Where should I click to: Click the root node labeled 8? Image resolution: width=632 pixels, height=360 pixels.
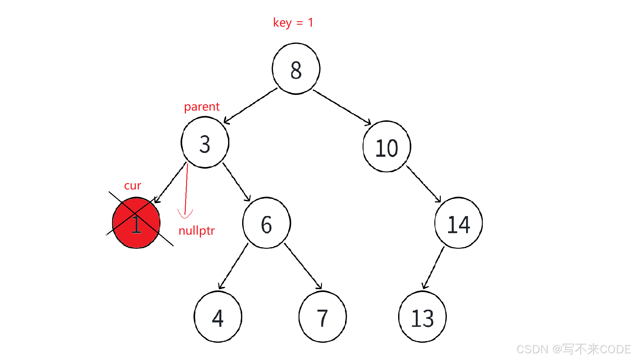pyautogui.click(x=296, y=69)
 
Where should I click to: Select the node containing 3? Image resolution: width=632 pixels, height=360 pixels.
pyautogui.click(x=205, y=143)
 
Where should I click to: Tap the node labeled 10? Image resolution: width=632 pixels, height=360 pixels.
pyautogui.click(x=387, y=147)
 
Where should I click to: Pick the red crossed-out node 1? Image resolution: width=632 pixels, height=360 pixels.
pyautogui.click(x=136, y=223)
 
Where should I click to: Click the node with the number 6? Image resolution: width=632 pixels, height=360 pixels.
pyautogui.click(x=267, y=223)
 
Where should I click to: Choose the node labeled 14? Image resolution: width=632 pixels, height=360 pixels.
pyautogui.click(x=459, y=223)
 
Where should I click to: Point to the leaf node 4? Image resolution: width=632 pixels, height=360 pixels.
pyautogui.click(x=218, y=317)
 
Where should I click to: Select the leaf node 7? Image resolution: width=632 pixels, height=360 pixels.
pyautogui.click(x=323, y=317)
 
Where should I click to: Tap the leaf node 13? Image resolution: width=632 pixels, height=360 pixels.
pyautogui.click(x=423, y=317)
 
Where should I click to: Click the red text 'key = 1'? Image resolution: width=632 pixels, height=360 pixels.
pyautogui.click(x=293, y=23)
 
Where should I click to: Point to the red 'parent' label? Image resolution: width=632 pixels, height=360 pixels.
pyautogui.click(x=202, y=107)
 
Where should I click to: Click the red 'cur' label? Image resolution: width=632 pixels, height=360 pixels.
pyautogui.click(x=132, y=186)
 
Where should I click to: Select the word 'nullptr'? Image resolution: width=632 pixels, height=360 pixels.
pyautogui.click(x=196, y=230)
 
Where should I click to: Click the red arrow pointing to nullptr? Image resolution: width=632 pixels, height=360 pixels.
pyautogui.click(x=186, y=189)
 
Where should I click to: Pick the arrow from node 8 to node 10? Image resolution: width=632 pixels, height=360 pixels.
pyautogui.click(x=342, y=107)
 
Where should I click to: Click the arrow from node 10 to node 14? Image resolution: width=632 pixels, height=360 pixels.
pyautogui.click(x=423, y=184)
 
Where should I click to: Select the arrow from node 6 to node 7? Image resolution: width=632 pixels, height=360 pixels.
pyautogui.click(x=303, y=266)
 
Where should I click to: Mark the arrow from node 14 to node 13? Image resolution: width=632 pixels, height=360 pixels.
pyautogui.click(x=433, y=268)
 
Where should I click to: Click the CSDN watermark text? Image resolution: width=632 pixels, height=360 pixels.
pyautogui.click(x=573, y=349)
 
